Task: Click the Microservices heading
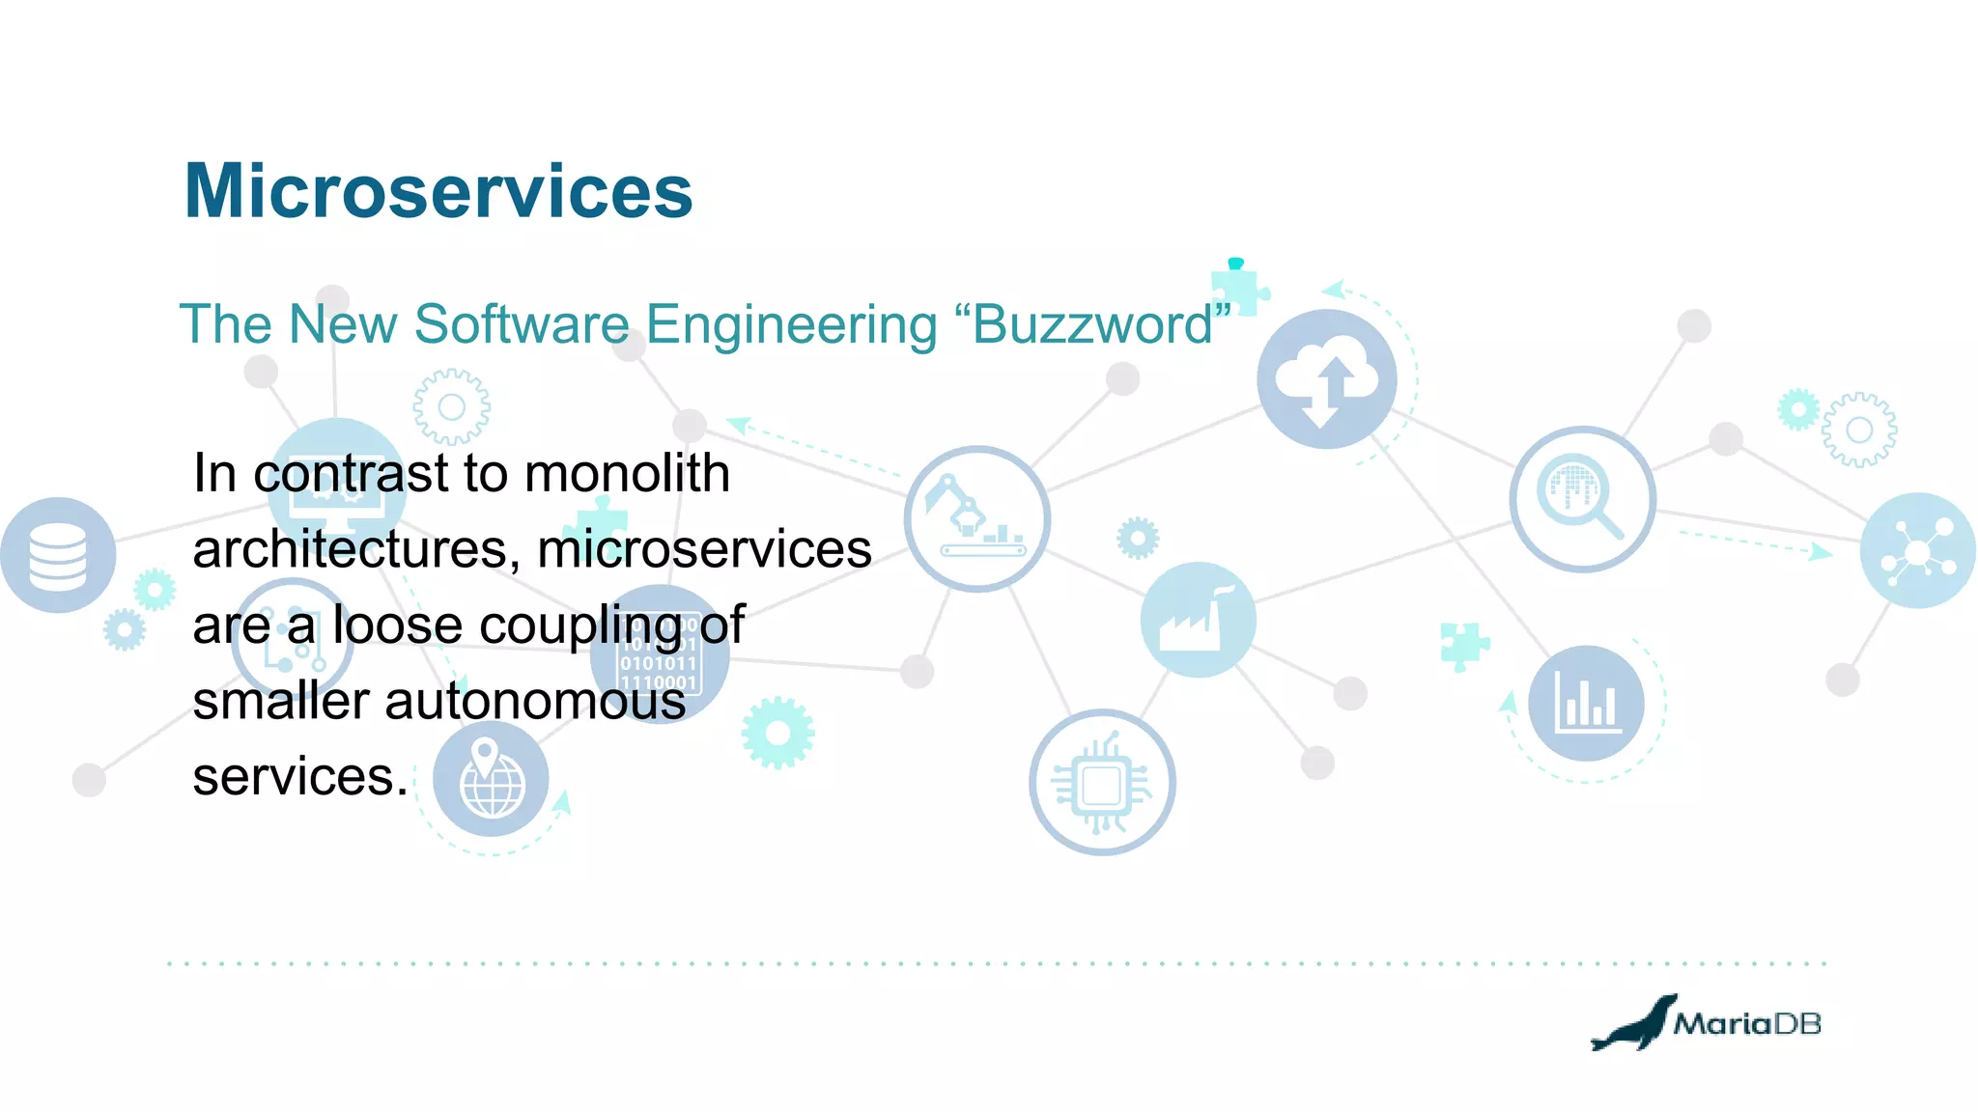point(438,191)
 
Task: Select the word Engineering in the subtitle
point(791,324)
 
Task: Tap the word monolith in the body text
point(627,473)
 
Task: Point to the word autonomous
point(535,701)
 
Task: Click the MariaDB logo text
point(1746,1023)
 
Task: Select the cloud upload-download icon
point(1326,379)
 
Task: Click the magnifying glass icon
point(1582,498)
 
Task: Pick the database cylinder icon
point(58,555)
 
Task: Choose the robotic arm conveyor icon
point(976,518)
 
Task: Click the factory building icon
point(1198,620)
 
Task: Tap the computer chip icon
point(1102,783)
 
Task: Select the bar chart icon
point(1586,703)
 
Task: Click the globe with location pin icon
point(491,778)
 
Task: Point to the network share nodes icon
point(1917,551)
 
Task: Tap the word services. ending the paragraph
point(300,777)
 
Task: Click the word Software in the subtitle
point(522,324)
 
